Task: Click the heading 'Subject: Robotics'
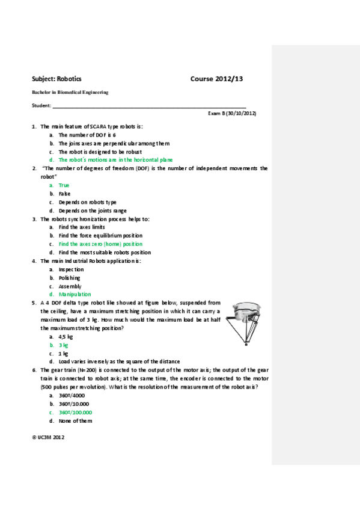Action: click(56, 79)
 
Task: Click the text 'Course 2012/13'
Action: click(216, 79)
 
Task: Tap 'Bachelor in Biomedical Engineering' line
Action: click(70, 93)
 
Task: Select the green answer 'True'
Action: click(64, 185)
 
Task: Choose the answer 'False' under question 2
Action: click(64, 194)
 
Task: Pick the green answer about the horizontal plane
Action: click(115, 160)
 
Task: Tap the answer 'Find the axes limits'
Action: click(82, 227)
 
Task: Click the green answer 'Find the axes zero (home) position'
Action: click(100, 244)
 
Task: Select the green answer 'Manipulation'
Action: click(75, 295)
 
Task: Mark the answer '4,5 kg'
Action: click(66, 337)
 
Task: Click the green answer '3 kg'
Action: click(63, 345)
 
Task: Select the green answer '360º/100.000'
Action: click(75, 413)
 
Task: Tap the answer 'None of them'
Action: click(75, 421)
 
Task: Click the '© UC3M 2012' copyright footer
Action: click(48, 437)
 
